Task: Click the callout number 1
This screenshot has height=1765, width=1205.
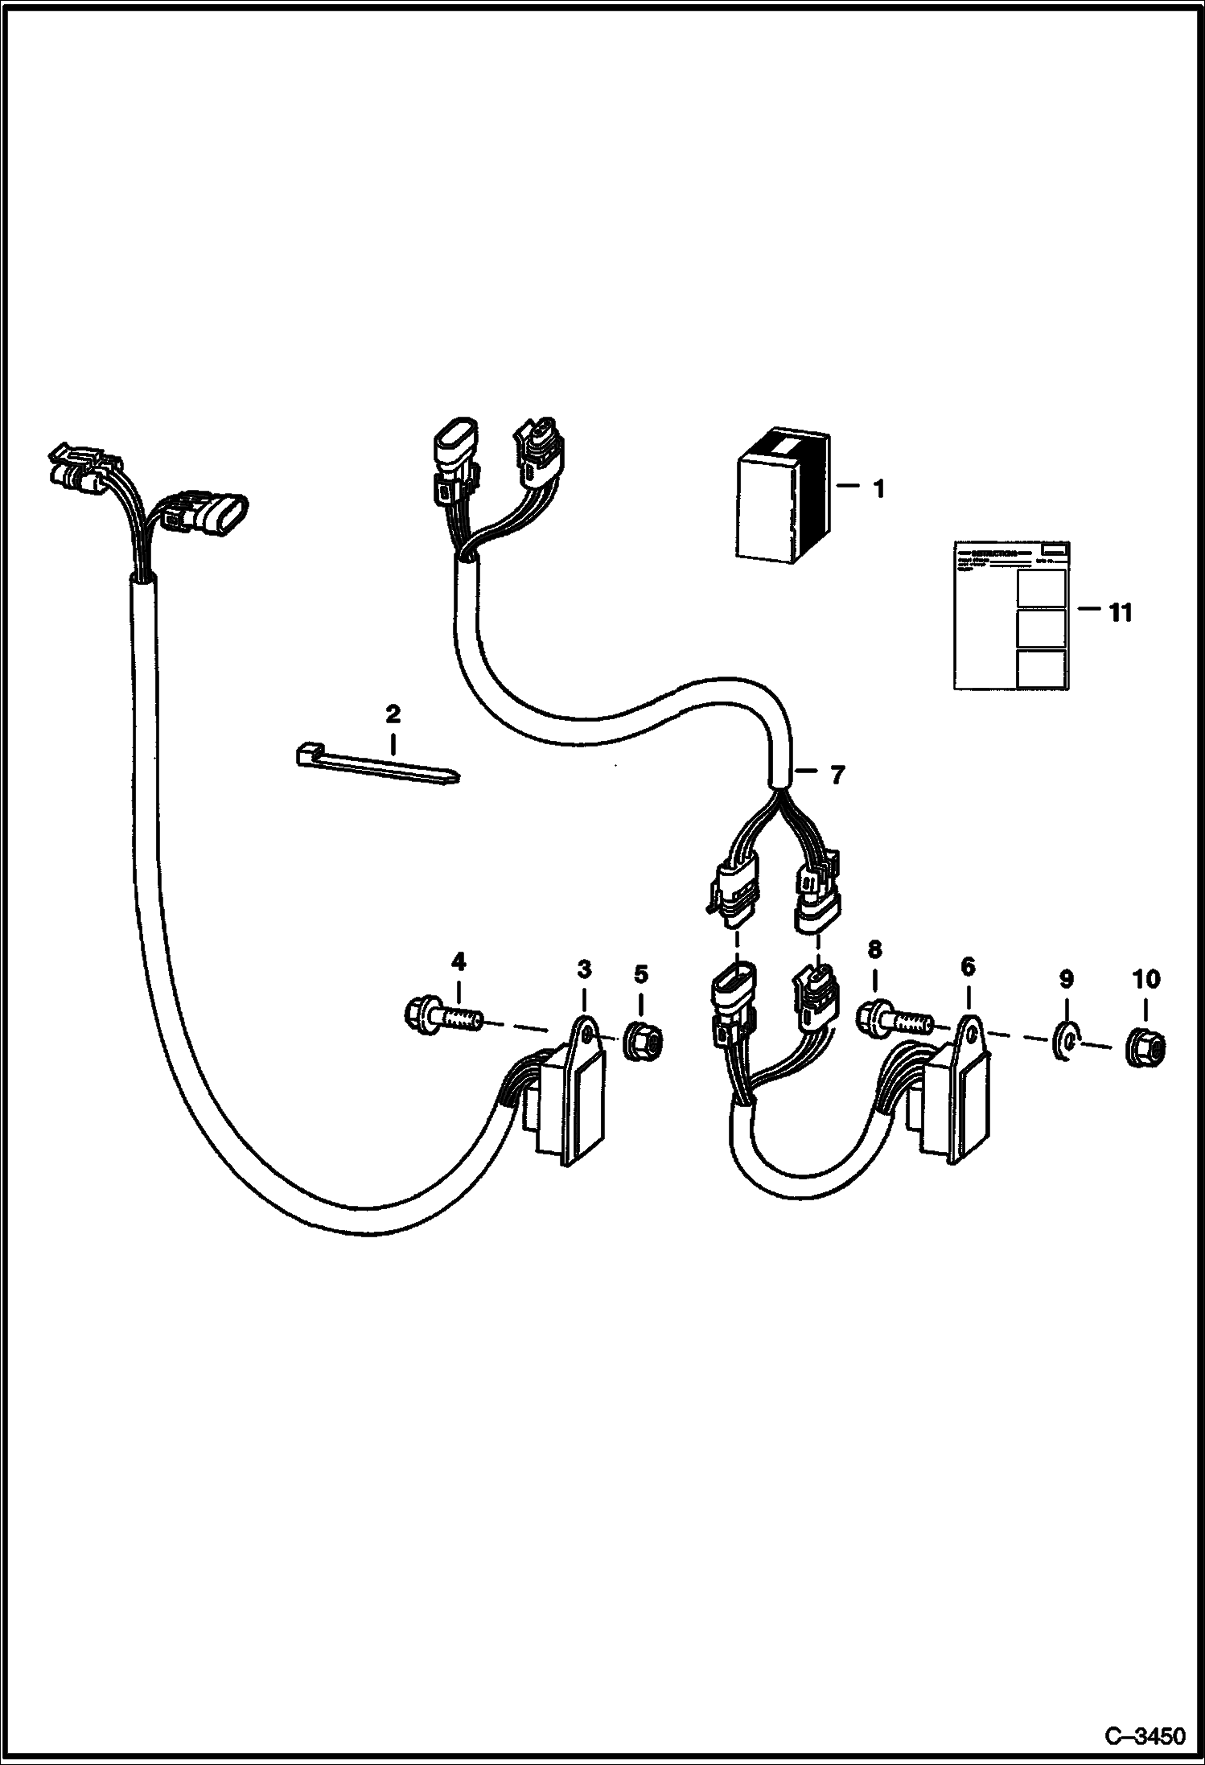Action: click(x=878, y=488)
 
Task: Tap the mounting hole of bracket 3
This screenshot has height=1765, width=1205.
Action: click(x=589, y=1030)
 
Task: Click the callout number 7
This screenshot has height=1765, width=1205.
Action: click(x=837, y=775)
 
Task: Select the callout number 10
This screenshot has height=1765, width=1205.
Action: click(x=1145, y=979)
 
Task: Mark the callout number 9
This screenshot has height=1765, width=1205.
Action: click(x=1066, y=979)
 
